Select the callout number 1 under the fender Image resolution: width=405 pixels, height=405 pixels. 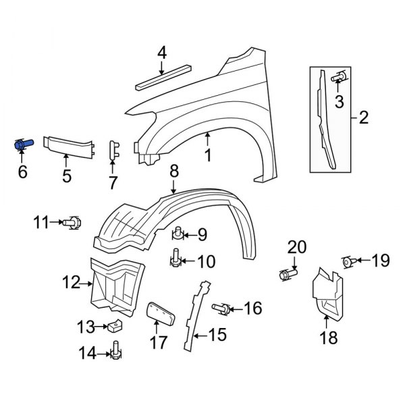[x=208, y=155]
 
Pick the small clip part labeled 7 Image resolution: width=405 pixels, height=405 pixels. [x=114, y=151]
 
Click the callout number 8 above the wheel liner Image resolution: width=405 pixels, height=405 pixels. [x=173, y=172]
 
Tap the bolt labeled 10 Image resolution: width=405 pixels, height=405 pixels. [x=175, y=259]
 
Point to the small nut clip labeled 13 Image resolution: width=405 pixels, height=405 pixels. [x=114, y=327]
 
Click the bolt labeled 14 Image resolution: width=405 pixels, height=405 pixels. [x=115, y=350]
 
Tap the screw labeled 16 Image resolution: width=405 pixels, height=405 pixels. [x=222, y=308]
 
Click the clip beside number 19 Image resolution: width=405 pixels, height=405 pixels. [x=348, y=261]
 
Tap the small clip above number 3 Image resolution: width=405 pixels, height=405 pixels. [x=339, y=78]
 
